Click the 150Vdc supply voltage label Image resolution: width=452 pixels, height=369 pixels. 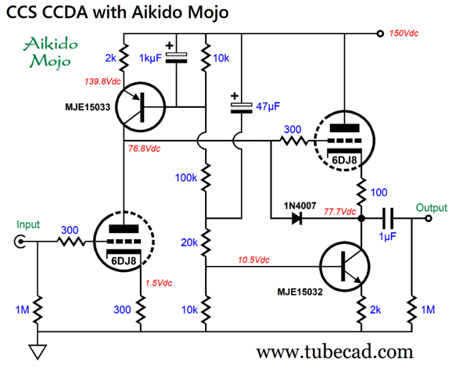click(x=404, y=33)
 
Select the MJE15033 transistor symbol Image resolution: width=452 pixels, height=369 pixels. click(x=141, y=107)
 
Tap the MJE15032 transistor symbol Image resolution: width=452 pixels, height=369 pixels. click(x=345, y=267)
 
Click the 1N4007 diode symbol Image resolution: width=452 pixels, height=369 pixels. click(x=297, y=218)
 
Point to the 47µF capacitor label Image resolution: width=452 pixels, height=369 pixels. click(x=268, y=106)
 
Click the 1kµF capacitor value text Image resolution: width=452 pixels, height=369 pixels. click(x=150, y=58)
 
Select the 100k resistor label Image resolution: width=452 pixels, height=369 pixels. click(x=186, y=177)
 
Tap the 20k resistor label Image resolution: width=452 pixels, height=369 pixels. click(x=189, y=242)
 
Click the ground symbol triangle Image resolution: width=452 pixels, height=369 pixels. click(x=38, y=351)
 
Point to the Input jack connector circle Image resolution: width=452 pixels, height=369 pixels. click(x=20, y=242)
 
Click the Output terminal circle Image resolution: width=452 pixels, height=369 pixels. click(x=429, y=218)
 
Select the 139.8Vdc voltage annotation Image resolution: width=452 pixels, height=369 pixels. click(x=102, y=81)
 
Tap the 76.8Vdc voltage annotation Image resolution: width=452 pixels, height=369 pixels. click(x=145, y=149)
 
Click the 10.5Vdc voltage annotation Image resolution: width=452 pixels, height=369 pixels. click(x=253, y=260)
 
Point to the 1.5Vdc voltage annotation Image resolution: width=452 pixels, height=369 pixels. click(x=159, y=283)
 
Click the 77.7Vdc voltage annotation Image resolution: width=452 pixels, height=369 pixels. click(x=340, y=212)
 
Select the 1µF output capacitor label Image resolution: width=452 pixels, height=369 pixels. click(x=388, y=237)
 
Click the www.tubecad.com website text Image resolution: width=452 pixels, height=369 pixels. click(x=335, y=352)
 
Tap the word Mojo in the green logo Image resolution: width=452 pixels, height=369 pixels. click(x=50, y=61)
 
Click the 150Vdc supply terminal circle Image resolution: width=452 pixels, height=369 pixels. click(x=380, y=34)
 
